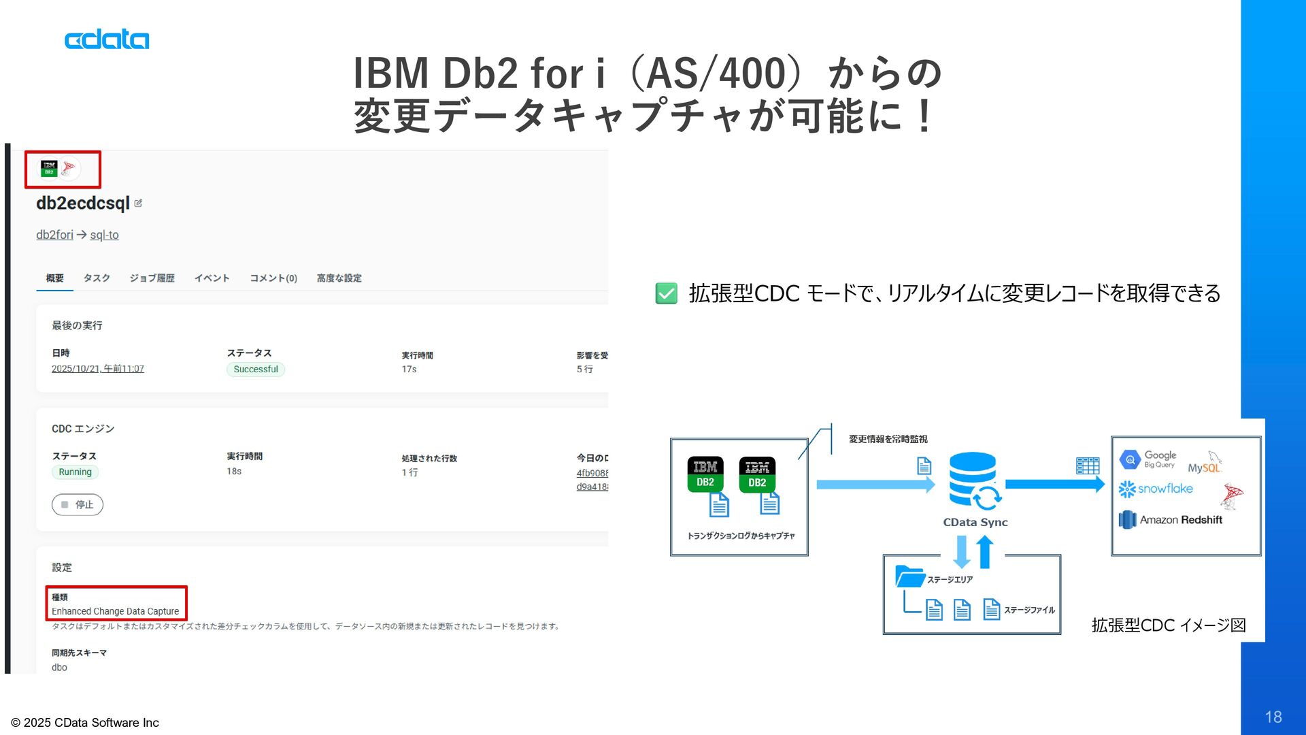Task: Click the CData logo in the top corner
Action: [107, 39]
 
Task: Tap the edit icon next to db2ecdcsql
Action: [138, 203]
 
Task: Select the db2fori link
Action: [54, 235]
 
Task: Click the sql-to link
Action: [104, 235]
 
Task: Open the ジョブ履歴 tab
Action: [152, 278]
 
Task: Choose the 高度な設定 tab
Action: [339, 278]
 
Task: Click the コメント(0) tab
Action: [273, 278]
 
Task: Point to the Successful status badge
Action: [256, 370]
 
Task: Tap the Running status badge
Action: [75, 472]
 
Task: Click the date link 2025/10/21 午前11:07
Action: [98, 369]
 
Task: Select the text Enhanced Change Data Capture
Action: [116, 612]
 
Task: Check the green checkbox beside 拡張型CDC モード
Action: [666, 293]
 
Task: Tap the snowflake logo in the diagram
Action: [1156, 489]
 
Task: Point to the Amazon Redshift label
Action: [1181, 520]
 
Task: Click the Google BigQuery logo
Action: [1148, 460]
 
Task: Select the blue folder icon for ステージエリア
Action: [909, 576]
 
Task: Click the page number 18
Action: [1273, 717]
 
